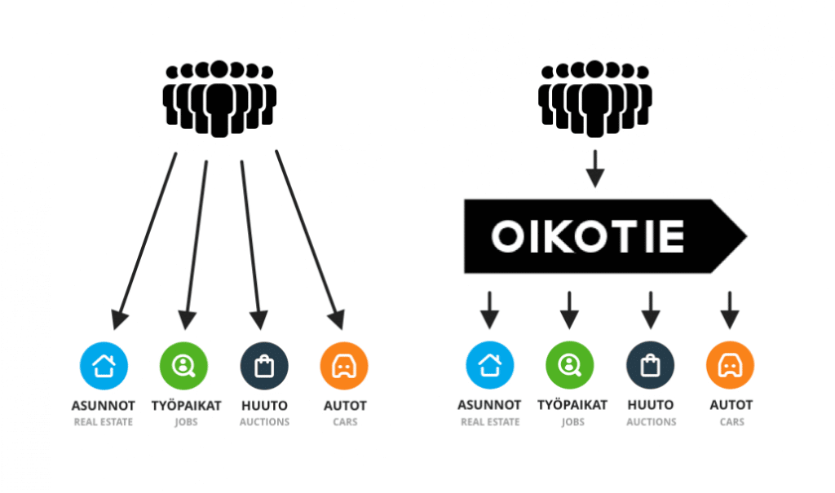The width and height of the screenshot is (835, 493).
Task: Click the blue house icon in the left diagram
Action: [104, 366]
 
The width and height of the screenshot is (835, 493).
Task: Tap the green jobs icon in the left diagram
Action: [183, 366]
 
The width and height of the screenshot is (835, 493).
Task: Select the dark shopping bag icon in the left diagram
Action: [264, 366]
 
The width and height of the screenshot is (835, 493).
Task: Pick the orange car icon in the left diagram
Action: [344, 366]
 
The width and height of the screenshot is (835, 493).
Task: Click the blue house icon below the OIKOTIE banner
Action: [490, 365]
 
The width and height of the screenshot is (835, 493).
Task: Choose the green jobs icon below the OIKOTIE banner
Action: [570, 365]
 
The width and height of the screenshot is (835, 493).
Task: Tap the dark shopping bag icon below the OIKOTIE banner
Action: [650, 365]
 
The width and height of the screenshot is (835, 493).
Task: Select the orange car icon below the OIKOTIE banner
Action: [730, 365]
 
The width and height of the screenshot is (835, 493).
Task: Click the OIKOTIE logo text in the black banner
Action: [587, 235]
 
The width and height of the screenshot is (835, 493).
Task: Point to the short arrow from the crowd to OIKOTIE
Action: [594, 169]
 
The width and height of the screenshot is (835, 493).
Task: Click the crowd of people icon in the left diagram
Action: [219, 99]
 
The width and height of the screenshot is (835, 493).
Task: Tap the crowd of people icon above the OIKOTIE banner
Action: [594, 99]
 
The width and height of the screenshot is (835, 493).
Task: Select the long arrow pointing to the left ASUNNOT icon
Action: [144, 241]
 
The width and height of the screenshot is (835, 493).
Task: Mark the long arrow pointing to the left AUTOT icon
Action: [310, 240]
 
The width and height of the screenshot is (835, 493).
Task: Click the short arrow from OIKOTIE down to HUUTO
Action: [650, 310]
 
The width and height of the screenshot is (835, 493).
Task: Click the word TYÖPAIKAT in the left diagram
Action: [187, 406]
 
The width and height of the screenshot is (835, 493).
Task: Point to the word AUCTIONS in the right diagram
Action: [652, 421]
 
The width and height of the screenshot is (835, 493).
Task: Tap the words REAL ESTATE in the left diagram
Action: [104, 422]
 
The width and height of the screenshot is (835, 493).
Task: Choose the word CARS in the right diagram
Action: [731, 421]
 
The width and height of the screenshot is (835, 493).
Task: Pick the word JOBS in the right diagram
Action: [572, 421]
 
